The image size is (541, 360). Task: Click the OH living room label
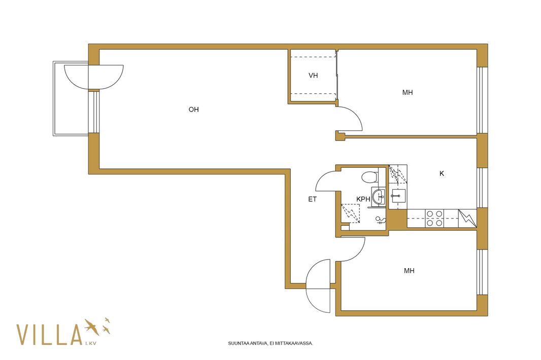tap(193, 110)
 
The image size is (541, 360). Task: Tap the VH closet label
tap(313, 75)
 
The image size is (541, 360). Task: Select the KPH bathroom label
tap(363, 199)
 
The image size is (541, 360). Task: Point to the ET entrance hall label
tap(312, 199)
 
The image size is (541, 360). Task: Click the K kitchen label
tap(442, 173)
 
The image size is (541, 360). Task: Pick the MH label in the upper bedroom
tap(408, 92)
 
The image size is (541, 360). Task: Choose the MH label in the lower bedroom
tap(409, 271)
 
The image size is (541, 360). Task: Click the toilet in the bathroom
tap(370, 177)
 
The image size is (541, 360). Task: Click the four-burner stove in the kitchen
tap(434, 218)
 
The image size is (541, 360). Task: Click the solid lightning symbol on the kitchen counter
tap(467, 218)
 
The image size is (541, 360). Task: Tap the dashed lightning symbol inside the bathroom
tap(350, 213)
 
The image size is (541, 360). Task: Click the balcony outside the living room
tap(71, 99)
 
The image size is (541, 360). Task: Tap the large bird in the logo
tap(92, 327)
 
